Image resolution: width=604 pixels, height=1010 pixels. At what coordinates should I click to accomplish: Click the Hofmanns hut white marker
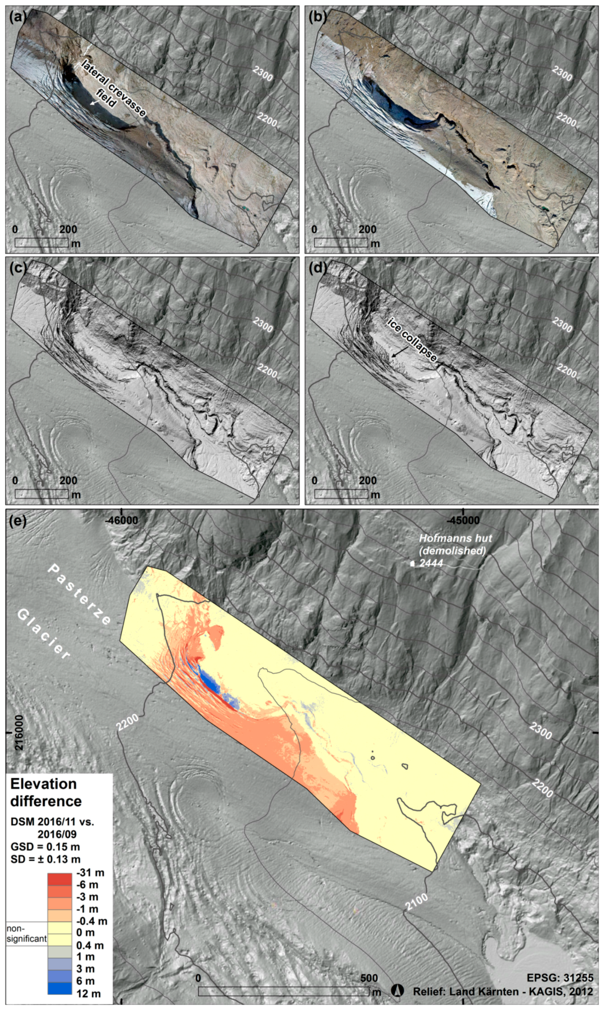point(412,564)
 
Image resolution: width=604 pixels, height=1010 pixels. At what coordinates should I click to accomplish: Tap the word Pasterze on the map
point(80,595)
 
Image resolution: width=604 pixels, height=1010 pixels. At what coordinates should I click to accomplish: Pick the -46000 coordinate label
point(121,520)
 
